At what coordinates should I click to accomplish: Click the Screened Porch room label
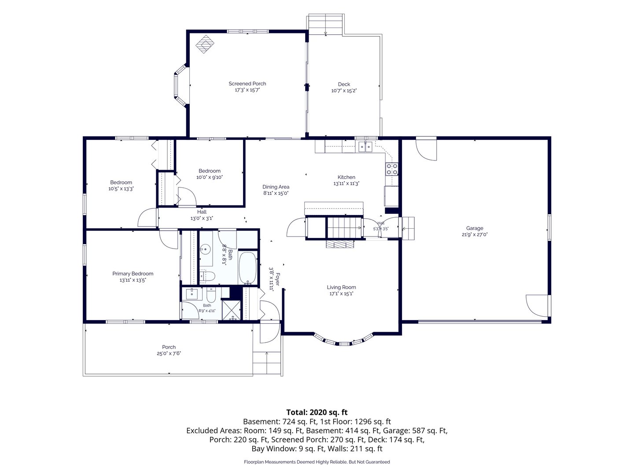pos(247,84)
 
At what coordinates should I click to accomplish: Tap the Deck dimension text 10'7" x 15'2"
pos(344,91)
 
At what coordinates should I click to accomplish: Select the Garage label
pos(475,228)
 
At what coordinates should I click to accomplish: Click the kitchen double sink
pos(365,146)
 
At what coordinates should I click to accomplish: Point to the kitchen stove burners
pos(392,169)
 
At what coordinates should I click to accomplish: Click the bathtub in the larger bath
pos(247,268)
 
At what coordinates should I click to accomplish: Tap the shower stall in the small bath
pos(231,310)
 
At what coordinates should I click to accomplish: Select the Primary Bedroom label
pos(133,274)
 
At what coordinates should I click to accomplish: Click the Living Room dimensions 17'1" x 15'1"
pos(341,294)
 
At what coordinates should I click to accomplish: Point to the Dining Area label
pos(276,187)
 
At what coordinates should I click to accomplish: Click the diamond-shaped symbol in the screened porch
pos(205,44)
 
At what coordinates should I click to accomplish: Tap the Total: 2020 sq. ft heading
pos(317,412)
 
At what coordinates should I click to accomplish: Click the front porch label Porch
pos(169,347)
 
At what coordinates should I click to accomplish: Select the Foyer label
pos(278,279)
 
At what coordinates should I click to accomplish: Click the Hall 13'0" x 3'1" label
pos(202,215)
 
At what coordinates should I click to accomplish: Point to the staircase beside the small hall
pos(344,227)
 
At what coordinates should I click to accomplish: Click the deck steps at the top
pos(325,25)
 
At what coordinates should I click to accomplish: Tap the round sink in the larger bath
pos(205,248)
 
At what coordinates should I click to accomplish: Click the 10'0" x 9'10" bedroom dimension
pos(210,177)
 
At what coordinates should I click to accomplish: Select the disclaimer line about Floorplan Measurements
pos(317,462)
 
